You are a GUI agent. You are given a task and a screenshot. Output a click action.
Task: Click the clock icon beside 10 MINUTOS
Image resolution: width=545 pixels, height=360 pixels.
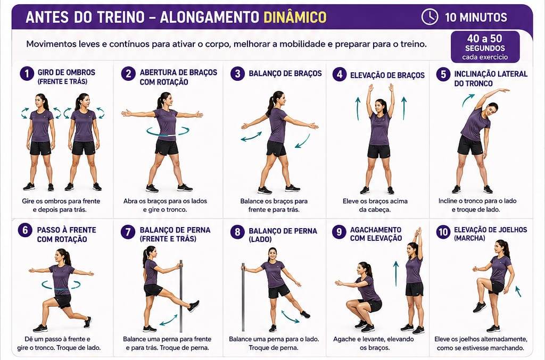click(x=430, y=16)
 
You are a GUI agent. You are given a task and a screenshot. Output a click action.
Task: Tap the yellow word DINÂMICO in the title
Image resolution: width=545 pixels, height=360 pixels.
click(x=295, y=17)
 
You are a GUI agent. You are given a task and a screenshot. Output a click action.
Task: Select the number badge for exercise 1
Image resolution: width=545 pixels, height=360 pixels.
click(x=27, y=73)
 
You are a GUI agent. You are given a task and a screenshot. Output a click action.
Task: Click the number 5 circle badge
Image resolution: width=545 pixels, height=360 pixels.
click(x=443, y=74)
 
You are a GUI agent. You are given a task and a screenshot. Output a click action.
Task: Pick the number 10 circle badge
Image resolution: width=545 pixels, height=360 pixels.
click(x=443, y=232)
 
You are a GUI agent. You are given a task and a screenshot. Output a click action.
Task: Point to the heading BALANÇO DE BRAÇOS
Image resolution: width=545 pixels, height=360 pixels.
click(x=285, y=73)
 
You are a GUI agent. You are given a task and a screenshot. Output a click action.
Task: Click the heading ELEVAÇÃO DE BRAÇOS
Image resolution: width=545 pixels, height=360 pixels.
click(x=387, y=76)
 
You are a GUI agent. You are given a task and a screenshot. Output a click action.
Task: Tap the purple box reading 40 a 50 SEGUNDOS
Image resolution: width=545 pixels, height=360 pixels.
click(x=485, y=47)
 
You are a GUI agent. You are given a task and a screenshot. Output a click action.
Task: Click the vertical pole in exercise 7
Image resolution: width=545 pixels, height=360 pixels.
click(x=181, y=296)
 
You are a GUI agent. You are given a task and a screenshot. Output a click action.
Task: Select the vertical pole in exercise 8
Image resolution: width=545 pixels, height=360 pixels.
click(x=243, y=297)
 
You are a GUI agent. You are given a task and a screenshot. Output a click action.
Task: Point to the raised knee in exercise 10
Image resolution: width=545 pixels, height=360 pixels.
click(x=481, y=280)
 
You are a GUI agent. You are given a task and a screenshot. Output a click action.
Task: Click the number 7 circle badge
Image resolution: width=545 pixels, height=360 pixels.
click(x=128, y=232)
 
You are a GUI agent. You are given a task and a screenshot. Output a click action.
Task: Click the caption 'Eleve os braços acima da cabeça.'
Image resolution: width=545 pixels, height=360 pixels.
click(x=375, y=205)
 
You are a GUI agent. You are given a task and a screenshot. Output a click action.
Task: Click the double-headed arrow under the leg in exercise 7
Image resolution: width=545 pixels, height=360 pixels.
click(x=169, y=320)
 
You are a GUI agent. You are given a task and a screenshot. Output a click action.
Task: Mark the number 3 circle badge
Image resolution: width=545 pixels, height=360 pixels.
click(x=237, y=73)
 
